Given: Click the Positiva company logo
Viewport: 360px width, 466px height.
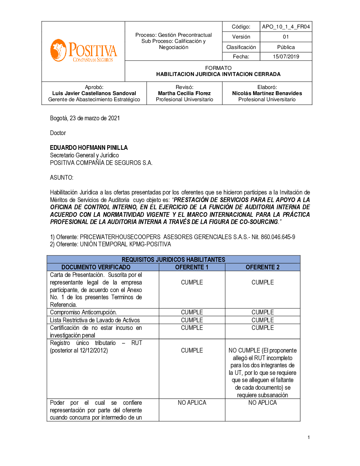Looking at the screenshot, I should [x=84, y=51].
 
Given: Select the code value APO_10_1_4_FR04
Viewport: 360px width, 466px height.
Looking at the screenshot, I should [x=286, y=27].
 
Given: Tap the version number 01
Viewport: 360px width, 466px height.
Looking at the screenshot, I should [x=286, y=37].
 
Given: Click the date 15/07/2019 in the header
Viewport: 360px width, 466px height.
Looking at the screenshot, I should [x=286, y=57].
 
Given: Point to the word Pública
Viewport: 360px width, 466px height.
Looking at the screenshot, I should [x=286, y=47].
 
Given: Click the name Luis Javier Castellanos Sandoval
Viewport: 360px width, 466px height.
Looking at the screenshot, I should [x=94, y=93].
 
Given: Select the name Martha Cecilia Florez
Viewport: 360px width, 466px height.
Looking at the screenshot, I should [x=184, y=93].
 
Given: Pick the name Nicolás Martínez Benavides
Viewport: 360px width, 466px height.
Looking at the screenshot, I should [x=267, y=93].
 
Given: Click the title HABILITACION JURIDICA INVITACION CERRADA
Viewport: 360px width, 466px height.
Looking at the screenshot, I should [x=218, y=74].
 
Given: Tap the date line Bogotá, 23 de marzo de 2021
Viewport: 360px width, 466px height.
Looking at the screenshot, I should [x=85, y=118].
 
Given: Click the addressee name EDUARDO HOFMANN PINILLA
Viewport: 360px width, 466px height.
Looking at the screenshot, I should [x=89, y=148].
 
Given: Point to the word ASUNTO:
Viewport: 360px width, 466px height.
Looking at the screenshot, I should [x=62, y=178].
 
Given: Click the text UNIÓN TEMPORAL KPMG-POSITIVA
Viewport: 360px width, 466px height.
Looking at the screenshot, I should [x=125, y=244].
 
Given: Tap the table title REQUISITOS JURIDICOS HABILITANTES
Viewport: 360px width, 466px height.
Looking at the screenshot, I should [x=173, y=260].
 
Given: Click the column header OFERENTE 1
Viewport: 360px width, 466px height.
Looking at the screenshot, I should [x=192, y=267].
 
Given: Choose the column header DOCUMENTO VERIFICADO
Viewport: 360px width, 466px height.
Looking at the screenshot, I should [x=96, y=267].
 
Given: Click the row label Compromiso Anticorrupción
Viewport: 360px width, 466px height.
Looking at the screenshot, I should [x=83, y=312].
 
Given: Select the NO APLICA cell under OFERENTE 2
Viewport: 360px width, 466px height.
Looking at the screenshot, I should [x=262, y=403].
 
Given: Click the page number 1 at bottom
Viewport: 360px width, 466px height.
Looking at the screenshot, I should [x=309, y=437].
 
